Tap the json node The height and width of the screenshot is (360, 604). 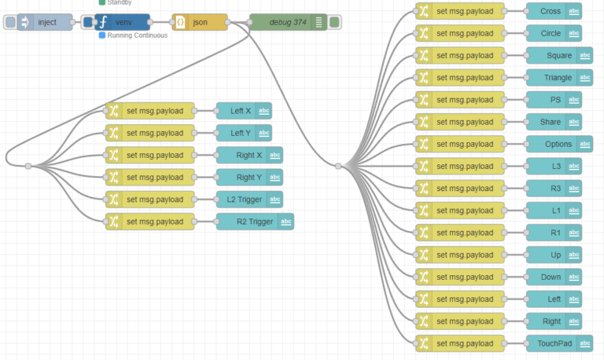point(200,22)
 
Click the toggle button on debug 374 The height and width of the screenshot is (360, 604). point(334,22)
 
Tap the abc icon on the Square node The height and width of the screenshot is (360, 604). point(585,56)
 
